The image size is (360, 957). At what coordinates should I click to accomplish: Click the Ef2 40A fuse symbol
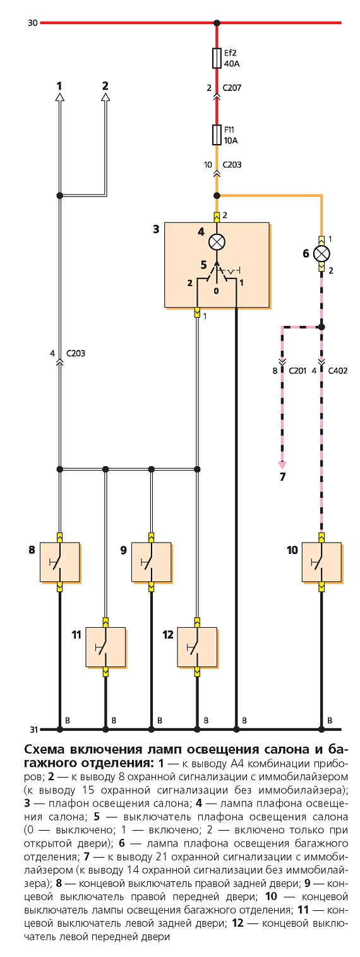pos(217,58)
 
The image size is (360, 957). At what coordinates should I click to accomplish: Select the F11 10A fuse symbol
pos(217,135)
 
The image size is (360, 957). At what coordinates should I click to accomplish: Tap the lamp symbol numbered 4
pos(217,243)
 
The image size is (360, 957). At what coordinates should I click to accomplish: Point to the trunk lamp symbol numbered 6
pos(321,254)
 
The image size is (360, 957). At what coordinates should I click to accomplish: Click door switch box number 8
pos(60,562)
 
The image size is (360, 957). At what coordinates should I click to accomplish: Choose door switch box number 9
pos(151,562)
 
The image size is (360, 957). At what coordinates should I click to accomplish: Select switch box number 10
pos(321,562)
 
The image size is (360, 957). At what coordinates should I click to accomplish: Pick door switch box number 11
pos(105,647)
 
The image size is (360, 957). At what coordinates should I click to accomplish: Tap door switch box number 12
pos(197,647)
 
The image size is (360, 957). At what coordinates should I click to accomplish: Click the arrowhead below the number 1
pos(60,97)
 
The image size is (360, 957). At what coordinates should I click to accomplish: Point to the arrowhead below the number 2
pos(105,97)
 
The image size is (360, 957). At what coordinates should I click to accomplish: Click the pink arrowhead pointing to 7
pos(282,466)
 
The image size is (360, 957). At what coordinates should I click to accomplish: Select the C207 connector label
pos(232,88)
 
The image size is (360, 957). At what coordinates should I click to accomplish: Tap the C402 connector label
pos(337,370)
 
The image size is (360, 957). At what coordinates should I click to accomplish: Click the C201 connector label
pos(297,370)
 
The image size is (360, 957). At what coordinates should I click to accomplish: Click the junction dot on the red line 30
pos(217,23)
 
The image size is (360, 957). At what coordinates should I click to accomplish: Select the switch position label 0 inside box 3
pos(216,291)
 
